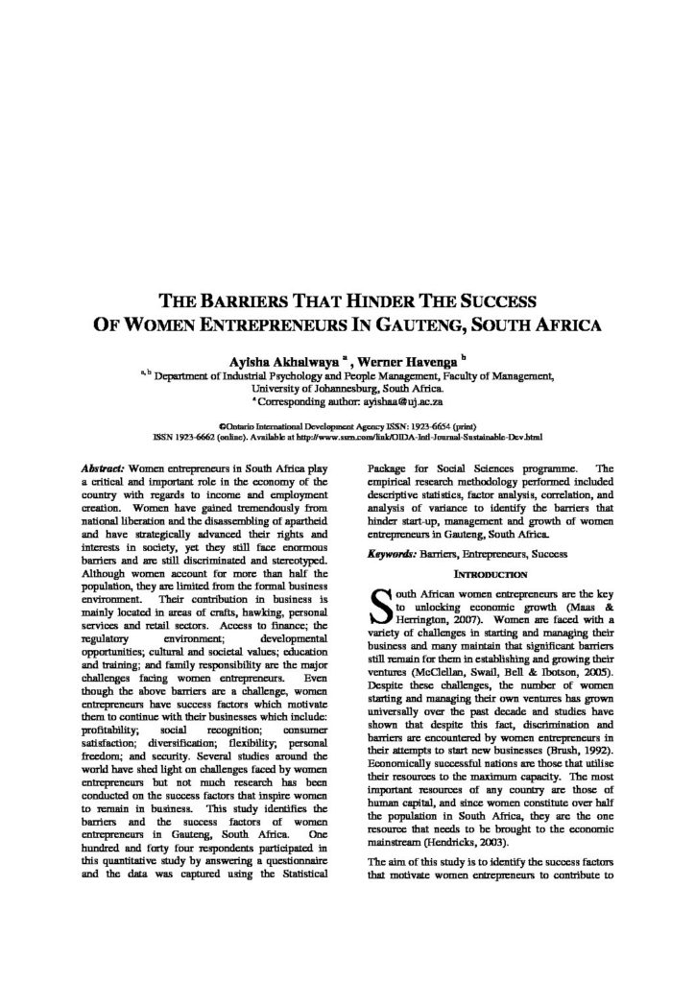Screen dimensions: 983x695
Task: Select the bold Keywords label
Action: coord(391,554)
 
